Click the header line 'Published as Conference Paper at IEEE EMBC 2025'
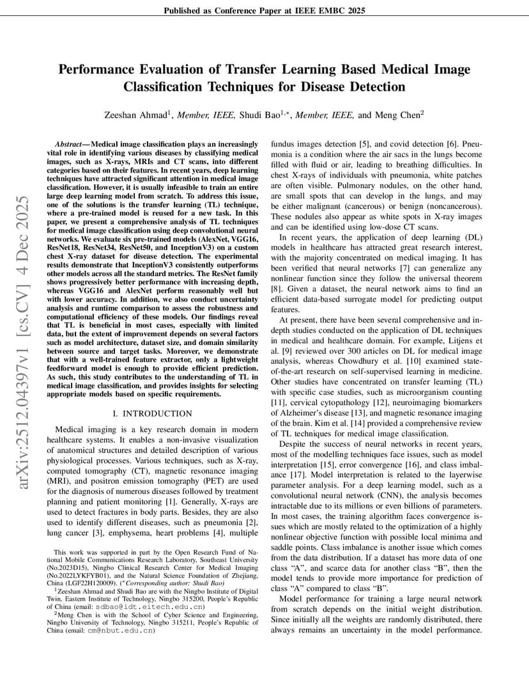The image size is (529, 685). (264, 11)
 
